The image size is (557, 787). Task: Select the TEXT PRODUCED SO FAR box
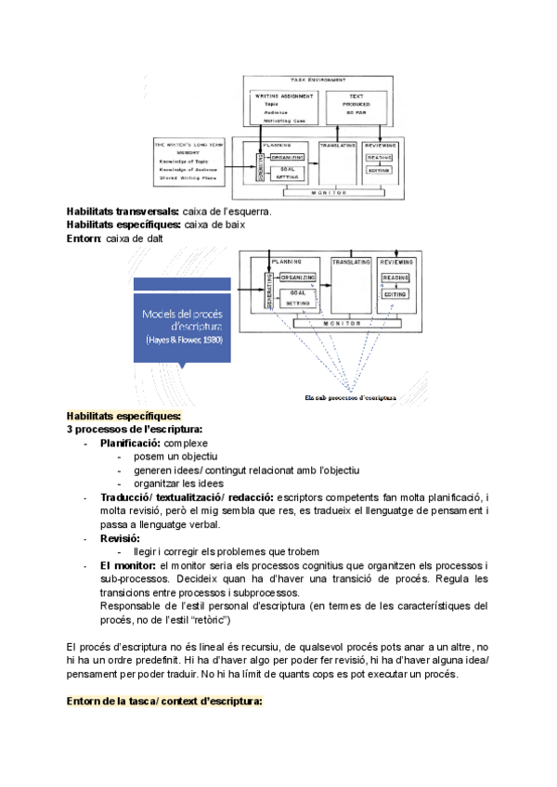click(356, 108)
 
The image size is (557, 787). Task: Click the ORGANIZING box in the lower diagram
click(298, 278)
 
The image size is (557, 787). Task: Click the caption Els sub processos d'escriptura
click(350, 397)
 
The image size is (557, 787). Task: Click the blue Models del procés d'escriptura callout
click(182, 326)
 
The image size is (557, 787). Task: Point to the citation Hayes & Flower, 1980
click(183, 341)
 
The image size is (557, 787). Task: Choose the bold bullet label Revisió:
click(120, 537)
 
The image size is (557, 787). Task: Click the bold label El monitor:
click(128, 565)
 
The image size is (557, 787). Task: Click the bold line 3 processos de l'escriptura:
click(135, 430)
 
